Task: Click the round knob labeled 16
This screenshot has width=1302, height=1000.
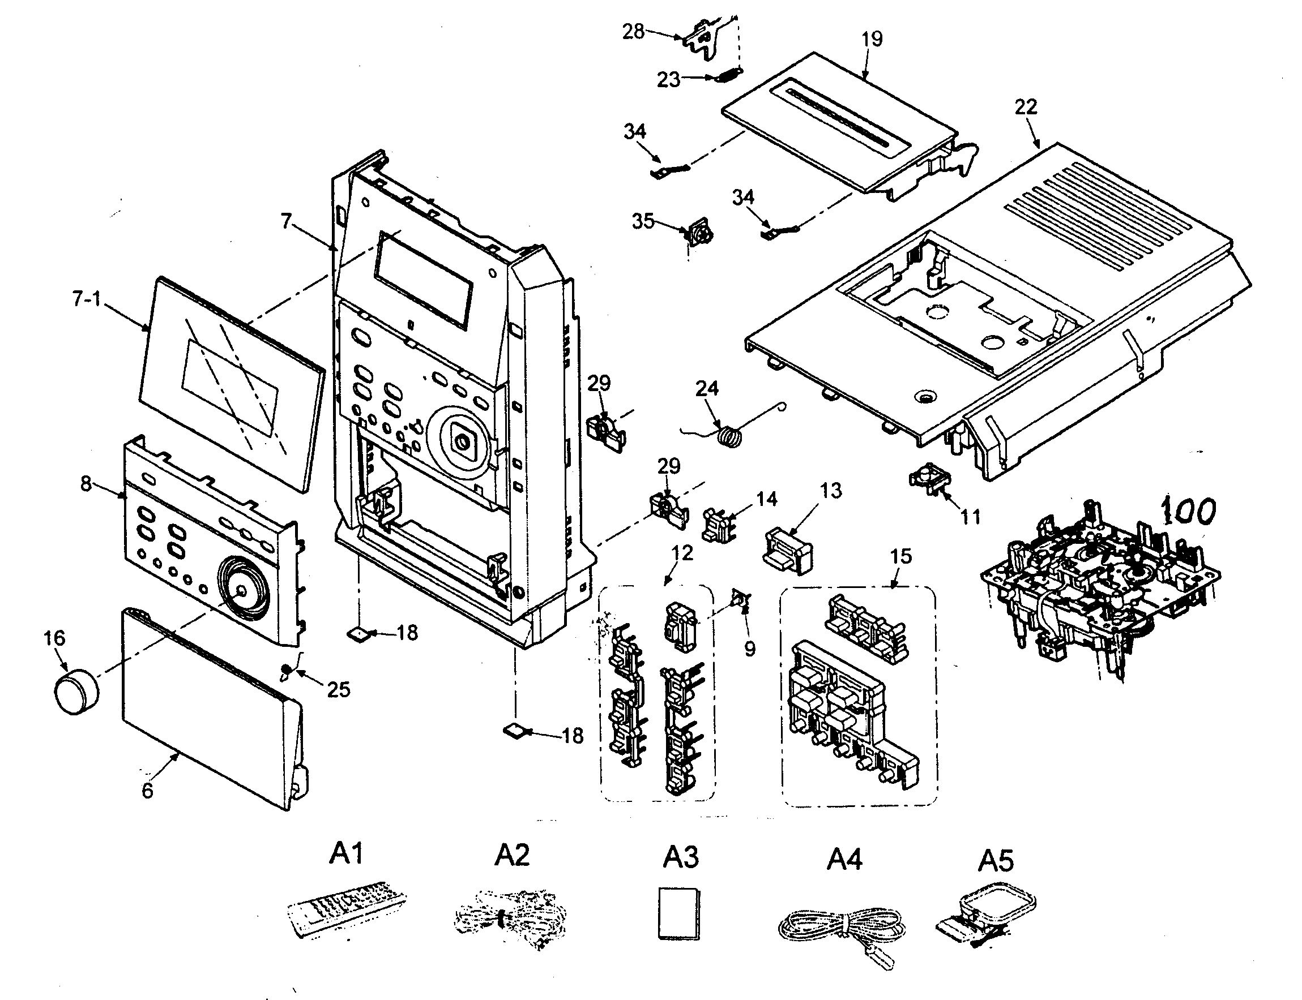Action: (x=76, y=690)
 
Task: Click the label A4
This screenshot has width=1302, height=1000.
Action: (x=844, y=860)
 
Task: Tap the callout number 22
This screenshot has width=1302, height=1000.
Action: (x=1025, y=107)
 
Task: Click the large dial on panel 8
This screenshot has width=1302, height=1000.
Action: (x=241, y=589)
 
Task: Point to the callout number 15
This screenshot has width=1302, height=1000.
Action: (x=900, y=556)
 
